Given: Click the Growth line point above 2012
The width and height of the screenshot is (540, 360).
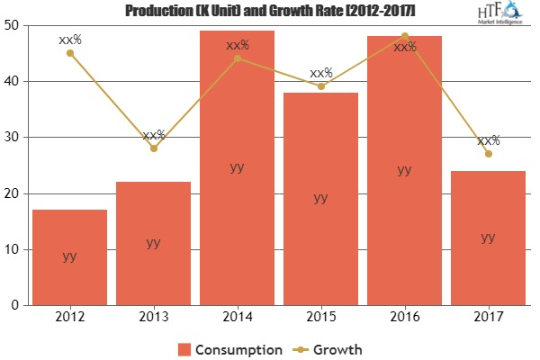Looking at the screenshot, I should click(x=69, y=53).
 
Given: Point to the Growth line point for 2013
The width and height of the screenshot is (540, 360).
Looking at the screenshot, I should click(x=153, y=148).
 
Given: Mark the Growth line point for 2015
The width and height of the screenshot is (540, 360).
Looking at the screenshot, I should click(x=320, y=86).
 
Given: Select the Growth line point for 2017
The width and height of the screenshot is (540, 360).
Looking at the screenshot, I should click(x=488, y=154).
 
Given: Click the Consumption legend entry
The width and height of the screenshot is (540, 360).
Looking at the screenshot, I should click(x=233, y=348).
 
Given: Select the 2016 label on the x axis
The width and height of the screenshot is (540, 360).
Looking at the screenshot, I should click(x=404, y=317).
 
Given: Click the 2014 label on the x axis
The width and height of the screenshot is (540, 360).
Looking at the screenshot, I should click(x=237, y=317).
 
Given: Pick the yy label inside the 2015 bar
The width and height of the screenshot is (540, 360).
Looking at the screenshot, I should click(x=320, y=198).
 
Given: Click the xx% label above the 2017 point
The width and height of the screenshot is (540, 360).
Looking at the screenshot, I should click(x=489, y=140).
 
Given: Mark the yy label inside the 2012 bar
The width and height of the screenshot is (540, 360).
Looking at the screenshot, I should click(x=69, y=256).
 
